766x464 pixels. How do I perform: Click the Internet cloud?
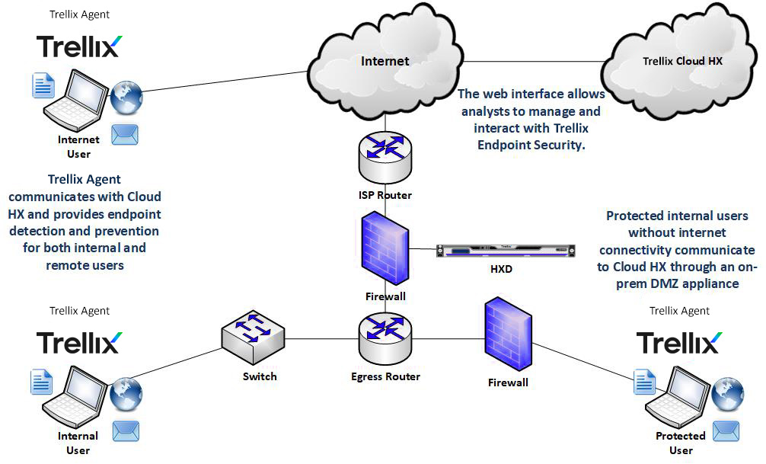click(x=385, y=57)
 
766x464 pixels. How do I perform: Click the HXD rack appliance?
click(x=504, y=249)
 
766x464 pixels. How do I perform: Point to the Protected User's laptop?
click(x=676, y=395)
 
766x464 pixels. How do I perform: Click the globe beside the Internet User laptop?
click(x=126, y=98)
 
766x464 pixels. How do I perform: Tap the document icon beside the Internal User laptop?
click(x=41, y=381)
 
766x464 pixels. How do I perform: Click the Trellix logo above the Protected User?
click(x=678, y=342)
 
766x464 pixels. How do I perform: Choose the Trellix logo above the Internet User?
click(x=78, y=46)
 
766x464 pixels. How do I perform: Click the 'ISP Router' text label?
click(x=385, y=195)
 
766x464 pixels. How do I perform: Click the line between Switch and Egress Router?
click(x=320, y=339)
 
